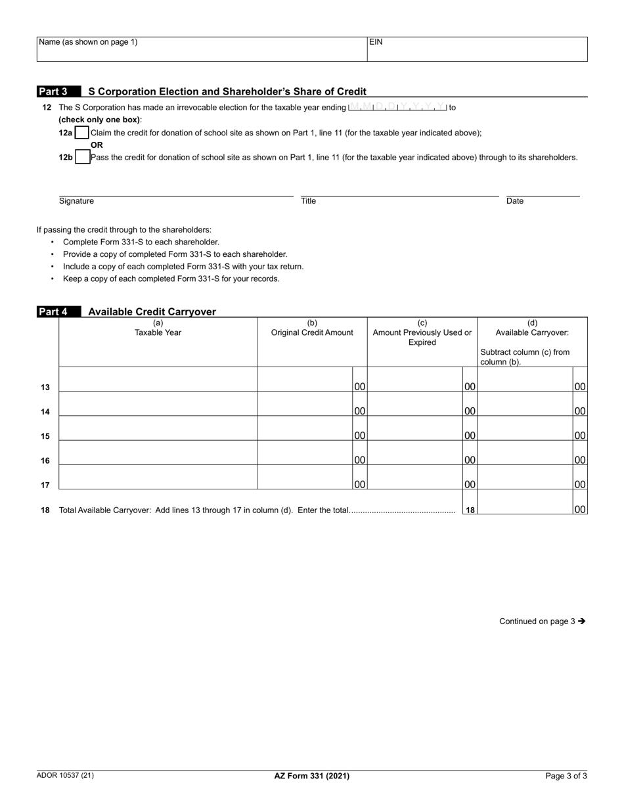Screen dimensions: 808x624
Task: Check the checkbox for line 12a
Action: click(x=82, y=133)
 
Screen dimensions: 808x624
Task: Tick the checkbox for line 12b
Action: click(x=83, y=158)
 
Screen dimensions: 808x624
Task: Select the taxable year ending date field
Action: click(x=397, y=106)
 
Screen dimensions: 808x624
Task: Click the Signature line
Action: click(x=175, y=191)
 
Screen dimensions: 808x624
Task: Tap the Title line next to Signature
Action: click(x=399, y=191)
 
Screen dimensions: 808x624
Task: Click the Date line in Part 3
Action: click(x=543, y=191)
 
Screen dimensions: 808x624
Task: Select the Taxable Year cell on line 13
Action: click(x=158, y=380)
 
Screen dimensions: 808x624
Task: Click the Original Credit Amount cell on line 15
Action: click(x=305, y=428)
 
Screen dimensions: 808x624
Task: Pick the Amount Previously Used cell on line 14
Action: click(x=415, y=404)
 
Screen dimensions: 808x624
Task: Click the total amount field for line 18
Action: click(x=525, y=503)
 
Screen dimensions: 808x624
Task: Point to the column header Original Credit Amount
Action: click(x=312, y=332)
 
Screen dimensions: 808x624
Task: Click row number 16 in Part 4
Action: click(x=45, y=460)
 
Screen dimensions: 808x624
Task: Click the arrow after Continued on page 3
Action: click(x=581, y=621)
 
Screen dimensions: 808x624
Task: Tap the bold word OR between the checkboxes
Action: click(x=97, y=145)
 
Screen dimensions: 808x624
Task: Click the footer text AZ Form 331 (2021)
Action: click(x=311, y=776)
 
